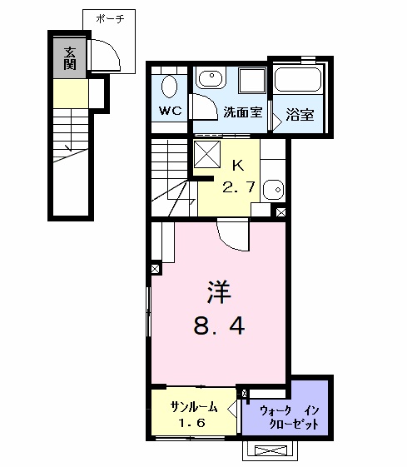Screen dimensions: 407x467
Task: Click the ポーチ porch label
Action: (x=110, y=19)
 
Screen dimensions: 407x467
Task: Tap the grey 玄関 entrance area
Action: (x=70, y=58)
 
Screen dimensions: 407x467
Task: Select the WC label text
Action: (x=170, y=111)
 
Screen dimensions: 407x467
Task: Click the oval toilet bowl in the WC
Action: (x=170, y=86)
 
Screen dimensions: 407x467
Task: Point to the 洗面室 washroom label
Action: (x=243, y=112)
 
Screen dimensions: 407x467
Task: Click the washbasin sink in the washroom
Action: (x=211, y=78)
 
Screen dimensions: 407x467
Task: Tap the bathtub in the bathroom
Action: (x=297, y=80)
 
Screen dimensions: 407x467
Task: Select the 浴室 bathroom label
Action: (x=300, y=115)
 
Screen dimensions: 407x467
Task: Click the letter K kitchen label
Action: (x=238, y=166)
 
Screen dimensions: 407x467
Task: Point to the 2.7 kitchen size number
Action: (x=239, y=187)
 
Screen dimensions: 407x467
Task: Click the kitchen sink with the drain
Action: (x=273, y=190)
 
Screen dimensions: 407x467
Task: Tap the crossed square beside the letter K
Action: (x=207, y=154)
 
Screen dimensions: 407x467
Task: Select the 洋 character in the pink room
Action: (x=219, y=292)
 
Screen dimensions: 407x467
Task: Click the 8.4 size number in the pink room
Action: (x=219, y=325)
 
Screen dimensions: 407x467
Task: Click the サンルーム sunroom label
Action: (x=194, y=407)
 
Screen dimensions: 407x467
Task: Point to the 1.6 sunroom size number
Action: (x=192, y=423)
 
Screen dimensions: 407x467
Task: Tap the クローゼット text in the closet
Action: (x=294, y=424)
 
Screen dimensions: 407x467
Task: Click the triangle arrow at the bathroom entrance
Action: (x=277, y=122)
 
